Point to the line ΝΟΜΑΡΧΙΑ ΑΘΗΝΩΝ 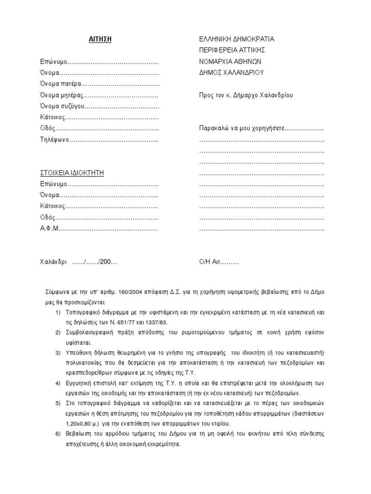click(230, 61)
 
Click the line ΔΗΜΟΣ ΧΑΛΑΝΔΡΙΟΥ click(231, 72)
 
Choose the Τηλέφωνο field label click(55, 139)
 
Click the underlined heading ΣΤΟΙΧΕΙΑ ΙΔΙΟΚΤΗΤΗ click(71, 173)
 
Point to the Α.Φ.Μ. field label click(49, 228)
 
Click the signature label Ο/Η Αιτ click(210, 262)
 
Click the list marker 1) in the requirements click(58, 312)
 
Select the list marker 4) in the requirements click(58, 384)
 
